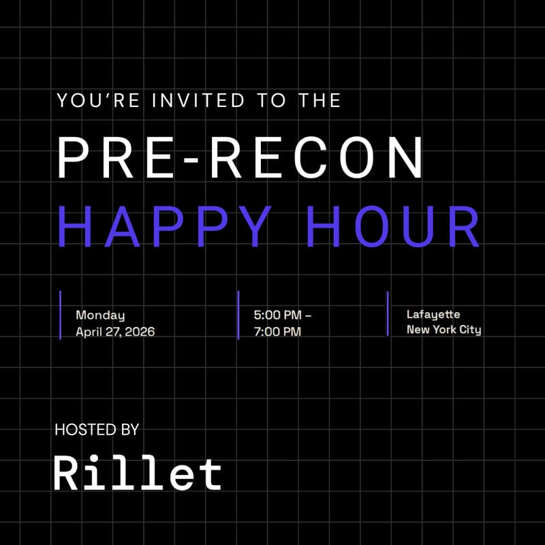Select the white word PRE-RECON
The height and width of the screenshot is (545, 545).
pyautogui.click(x=240, y=157)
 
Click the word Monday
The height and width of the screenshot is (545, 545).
pyautogui.click(x=100, y=315)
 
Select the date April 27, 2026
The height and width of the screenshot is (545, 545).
pyautogui.click(x=115, y=332)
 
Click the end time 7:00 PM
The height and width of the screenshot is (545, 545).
pyautogui.click(x=277, y=332)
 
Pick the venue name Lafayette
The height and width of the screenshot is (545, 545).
pyautogui.click(x=433, y=315)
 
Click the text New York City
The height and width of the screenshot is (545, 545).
pyautogui.click(x=443, y=330)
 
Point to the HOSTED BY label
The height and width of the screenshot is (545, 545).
pyautogui.click(x=97, y=430)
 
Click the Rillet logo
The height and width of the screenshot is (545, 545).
pyautogui.click(x=138, y=472)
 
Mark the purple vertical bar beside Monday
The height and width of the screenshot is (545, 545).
pyautogui.click(x=61, y=315)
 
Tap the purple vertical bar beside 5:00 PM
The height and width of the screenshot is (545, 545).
pyautogui.click(x=238, y=315)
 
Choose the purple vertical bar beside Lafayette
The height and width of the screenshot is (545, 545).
pyautogui.click(x=388, y=313)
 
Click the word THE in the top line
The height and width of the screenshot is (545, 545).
pyautogui.click(x=319, y=101)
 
